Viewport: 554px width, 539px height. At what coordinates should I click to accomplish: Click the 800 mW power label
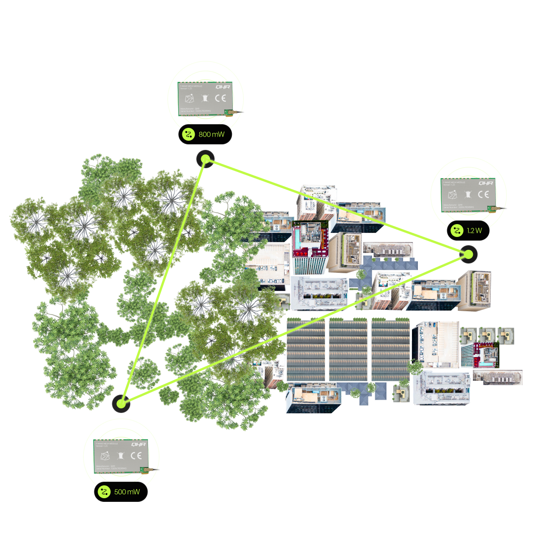point(211,134)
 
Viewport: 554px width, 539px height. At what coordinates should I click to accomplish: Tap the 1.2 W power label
point(474,231)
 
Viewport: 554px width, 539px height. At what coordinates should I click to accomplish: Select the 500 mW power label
point(127,492)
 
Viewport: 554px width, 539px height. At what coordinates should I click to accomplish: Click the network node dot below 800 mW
point(206,159)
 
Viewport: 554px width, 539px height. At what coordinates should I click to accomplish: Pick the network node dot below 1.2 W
point(468,254)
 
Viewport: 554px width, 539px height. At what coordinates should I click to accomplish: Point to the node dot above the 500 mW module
point(121,403)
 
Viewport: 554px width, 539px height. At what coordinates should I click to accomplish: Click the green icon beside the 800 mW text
point(188,134)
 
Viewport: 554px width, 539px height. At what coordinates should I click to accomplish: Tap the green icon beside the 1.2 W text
point(456,231)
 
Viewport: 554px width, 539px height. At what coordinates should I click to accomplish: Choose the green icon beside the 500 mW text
point(104,492)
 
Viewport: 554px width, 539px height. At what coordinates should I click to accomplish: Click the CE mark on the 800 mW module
point(220,98)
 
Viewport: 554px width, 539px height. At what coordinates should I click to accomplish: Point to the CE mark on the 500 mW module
point(136,455)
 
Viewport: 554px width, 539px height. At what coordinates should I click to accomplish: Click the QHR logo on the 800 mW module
point(223,87)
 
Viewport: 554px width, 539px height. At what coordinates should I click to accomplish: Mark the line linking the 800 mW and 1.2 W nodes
point(337,206)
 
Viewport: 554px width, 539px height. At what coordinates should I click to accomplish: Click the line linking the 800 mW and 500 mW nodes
point(164,280)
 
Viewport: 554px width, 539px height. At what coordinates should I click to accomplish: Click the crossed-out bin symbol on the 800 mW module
point(205,98)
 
